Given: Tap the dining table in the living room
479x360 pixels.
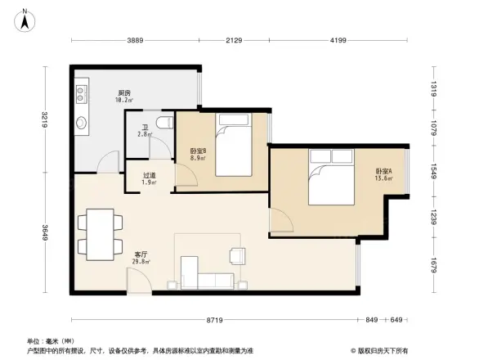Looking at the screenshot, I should tap(101, 232).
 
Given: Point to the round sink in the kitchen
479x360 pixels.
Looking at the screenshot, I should tap(83, 124).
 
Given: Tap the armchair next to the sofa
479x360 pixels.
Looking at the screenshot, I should tap(238, 255).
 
